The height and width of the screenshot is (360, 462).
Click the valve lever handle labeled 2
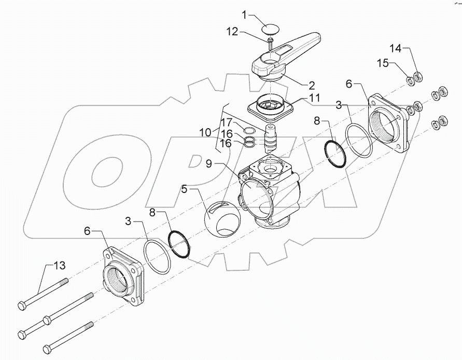(x=290, y=56)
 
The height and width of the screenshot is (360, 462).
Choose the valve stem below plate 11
(x=271, y=137)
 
